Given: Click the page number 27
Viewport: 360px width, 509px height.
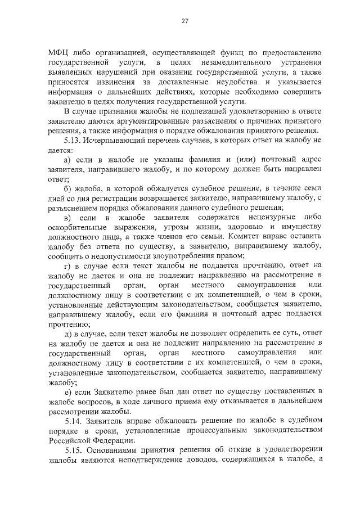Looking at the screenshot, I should (x=184, y=21).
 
